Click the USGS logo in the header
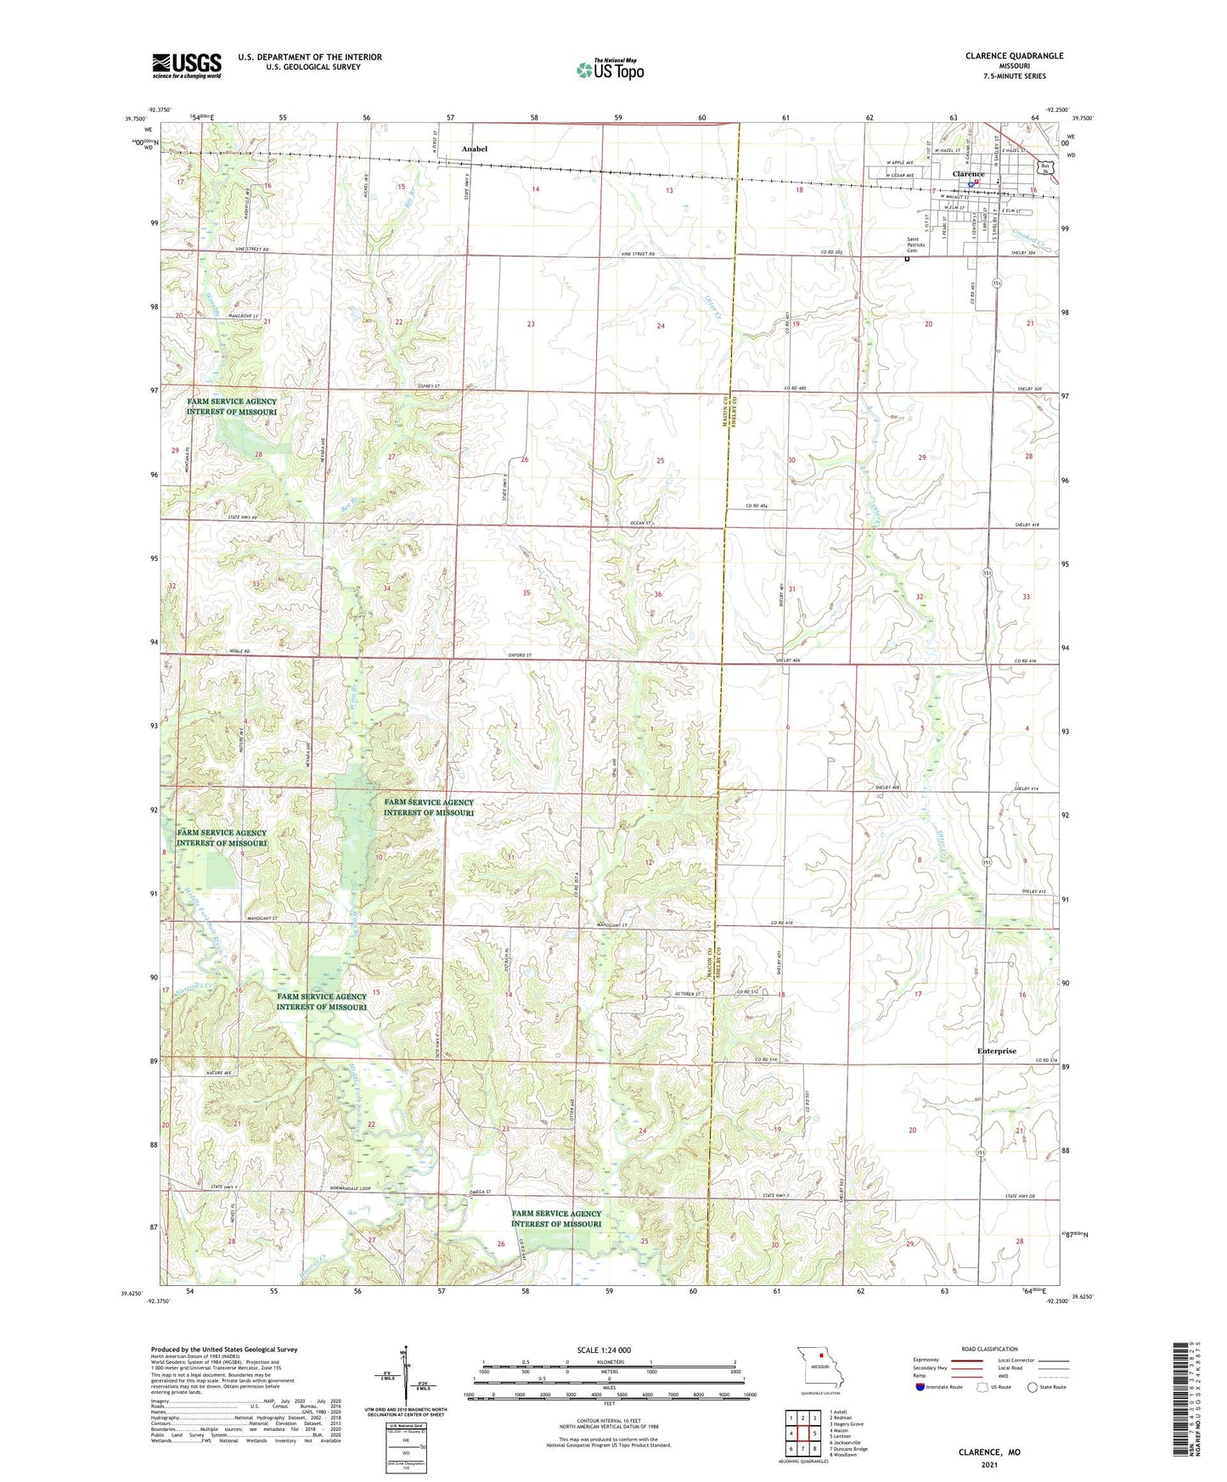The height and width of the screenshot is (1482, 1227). [x=187, y=65]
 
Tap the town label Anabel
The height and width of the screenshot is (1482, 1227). [x=475, y=149]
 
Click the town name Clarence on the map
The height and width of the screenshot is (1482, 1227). [x=968, y=174]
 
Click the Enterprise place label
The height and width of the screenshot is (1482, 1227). [x=996, y=1051]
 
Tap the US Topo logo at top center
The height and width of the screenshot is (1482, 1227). [x=609, y=70]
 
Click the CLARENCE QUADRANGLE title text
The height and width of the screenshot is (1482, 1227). [x=1014, y=56]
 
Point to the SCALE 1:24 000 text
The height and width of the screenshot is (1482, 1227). [x=604, y=1350]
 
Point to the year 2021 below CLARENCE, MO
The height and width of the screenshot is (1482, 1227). [x=989, y=1464]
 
